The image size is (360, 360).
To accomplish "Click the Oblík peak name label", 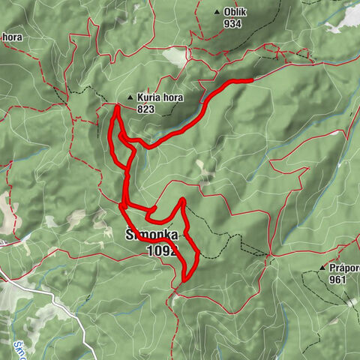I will pyautogui.click(x=235, y=12).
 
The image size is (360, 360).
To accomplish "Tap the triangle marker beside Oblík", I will pyautogui.click(x=217, y=12).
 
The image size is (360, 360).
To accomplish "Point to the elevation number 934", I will pyautogui.click(x=233, y=23).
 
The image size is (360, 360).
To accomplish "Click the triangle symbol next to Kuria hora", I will pyautogui.click(x=130, y=97).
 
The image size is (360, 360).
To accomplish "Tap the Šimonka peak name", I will pyautogui.click(x=151, y=235).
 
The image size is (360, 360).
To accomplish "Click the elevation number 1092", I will pyautogui.click(x=162, y=251).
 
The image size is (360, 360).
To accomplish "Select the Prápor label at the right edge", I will pyautogui.click(x=344, y=267).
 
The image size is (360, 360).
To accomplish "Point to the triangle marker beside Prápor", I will pyautogui.click(x=322, y=267).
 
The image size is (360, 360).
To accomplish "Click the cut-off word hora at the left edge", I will pyautogui.click(x=13, y=36).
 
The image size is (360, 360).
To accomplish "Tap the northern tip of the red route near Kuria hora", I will pyautogui.click(x=117, y=108).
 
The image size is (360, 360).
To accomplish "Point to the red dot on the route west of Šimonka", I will pyautogui.click(x=121, y=205).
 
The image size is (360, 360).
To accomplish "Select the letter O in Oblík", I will pyautogui.click(x=227, y=12).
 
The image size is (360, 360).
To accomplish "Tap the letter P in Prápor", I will pyautogui.click(x=331, y=267).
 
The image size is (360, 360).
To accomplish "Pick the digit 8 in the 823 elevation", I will pyautogui.click(x=139, y=109).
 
